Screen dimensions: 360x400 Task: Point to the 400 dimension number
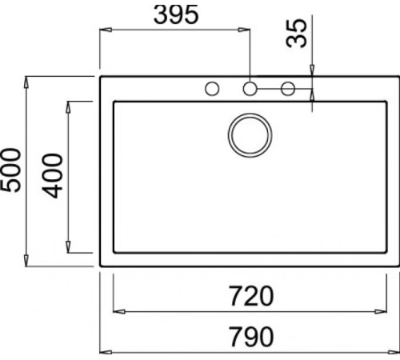52,175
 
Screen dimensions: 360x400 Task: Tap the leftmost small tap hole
213,88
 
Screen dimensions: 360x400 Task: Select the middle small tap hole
250,88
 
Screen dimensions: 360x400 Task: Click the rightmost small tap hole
288,88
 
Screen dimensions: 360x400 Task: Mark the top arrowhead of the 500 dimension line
28,81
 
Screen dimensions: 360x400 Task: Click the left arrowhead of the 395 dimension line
103,30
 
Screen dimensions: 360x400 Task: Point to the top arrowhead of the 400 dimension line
70,105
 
